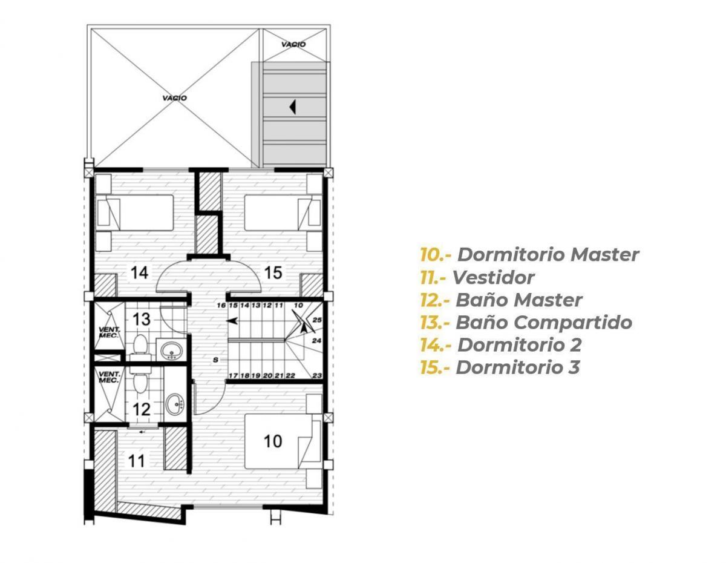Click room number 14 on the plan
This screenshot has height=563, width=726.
(139, 272)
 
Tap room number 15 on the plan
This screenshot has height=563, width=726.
(273, 272)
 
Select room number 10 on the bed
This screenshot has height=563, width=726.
(273, 441)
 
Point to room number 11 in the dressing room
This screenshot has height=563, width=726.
(136, 461)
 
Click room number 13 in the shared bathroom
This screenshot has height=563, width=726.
(142, 319)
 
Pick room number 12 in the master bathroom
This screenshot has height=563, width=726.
(142, 409)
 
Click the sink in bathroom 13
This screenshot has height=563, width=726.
(171, 351)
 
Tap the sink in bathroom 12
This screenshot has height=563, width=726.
(174, 404)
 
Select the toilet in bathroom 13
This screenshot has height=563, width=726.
(140, 347)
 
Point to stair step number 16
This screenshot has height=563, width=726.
(221, 305)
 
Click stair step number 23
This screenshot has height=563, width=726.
(317, 375)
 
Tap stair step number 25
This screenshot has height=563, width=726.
(317, 320)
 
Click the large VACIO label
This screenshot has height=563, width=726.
(174, 98)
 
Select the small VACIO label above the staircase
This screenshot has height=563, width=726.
(293, 44)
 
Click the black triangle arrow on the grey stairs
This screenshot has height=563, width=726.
(293, 107)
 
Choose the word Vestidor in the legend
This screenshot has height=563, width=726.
(494, 277)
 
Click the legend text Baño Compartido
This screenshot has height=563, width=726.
(544, 323)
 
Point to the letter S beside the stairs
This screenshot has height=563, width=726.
(216, 360)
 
